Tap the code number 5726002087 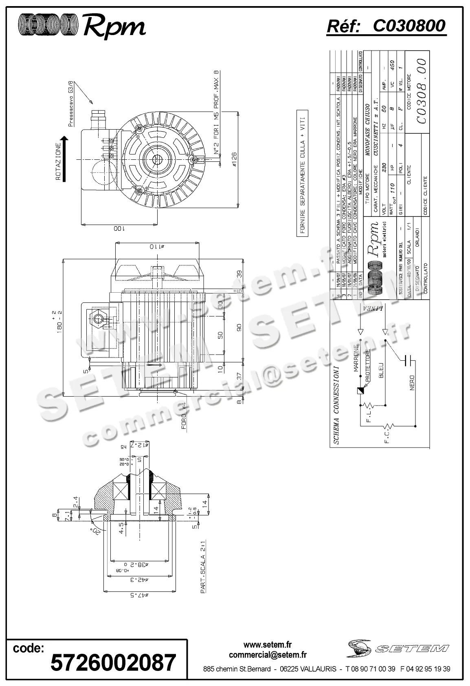(113, 662)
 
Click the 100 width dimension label (119, 229)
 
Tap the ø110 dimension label (156, 246)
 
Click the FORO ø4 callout (184, 416)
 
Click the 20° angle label (96, 531)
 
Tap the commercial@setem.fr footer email (268, 655)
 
